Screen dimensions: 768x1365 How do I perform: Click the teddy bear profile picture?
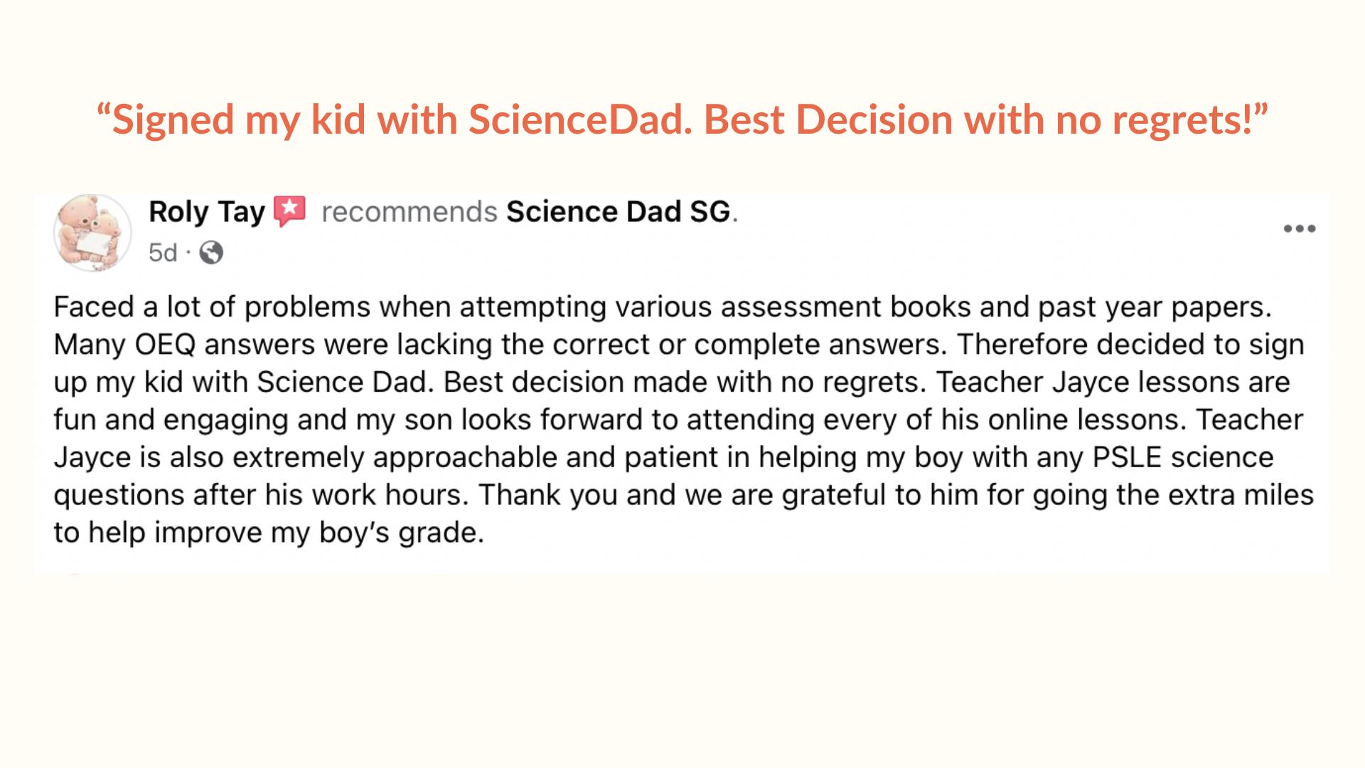point(92,233)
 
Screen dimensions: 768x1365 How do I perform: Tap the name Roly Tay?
point(206,212)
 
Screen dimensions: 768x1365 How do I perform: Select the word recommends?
point(409,212)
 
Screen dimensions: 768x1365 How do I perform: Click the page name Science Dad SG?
point(619,212)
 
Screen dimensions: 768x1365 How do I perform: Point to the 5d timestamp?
point(163,252)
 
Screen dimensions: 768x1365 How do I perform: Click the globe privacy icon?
point(211,252)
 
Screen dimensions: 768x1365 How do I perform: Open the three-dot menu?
point(1300,229)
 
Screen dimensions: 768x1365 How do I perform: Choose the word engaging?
point(225,420)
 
